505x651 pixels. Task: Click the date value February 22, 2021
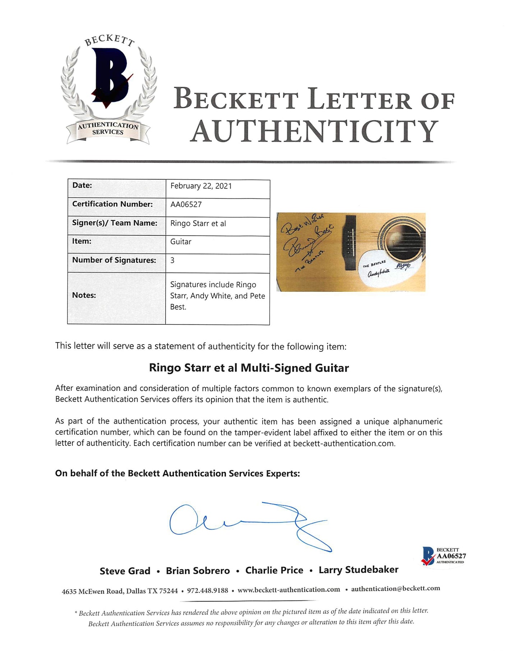point(201,186)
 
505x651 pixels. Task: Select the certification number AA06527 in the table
point(186,204)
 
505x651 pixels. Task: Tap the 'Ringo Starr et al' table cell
point(198,223)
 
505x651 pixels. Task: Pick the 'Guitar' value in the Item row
point(181,242)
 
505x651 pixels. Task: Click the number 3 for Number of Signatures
point(172,260)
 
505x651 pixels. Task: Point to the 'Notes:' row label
point(84,295)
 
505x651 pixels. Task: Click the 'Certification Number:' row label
point(112,204)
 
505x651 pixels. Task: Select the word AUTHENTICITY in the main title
point(314,131)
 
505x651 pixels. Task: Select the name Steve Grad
point(125,571)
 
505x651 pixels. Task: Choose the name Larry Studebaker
point(358,570)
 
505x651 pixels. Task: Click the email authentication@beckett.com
point(395,588)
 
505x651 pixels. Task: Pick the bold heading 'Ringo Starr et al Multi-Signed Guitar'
point(249,368)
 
